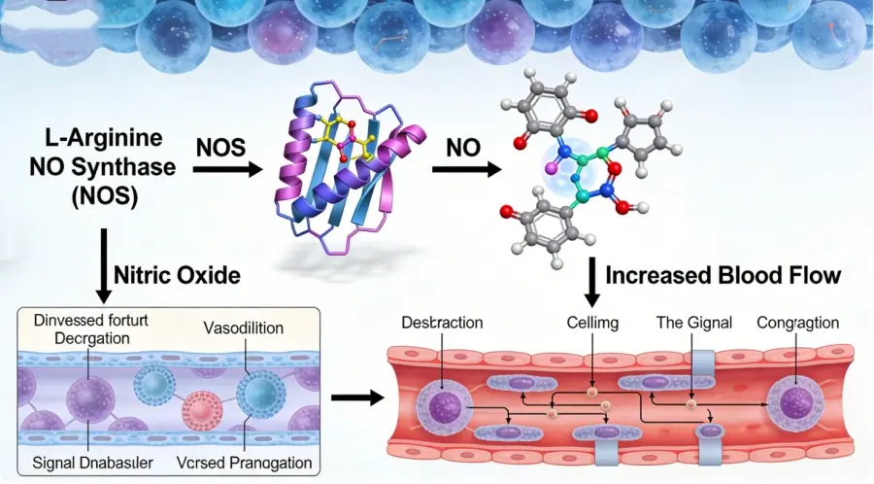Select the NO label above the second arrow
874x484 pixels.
pos(463,150)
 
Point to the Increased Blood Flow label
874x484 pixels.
pos(723,276)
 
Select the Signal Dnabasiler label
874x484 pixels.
pos(90,462)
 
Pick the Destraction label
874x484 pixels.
pos(441,323)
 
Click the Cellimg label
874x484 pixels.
pos(592,323)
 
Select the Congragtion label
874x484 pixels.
pos(798,323)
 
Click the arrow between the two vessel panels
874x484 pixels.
pos(353,398)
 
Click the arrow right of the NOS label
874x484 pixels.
pos(227,170)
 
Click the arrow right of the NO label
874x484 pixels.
pos(465,170)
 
